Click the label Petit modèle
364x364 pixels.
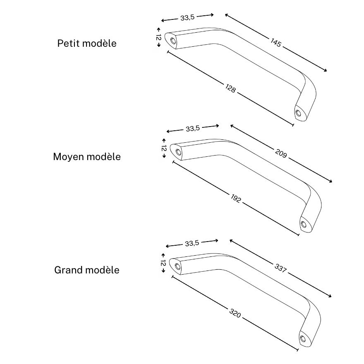[87, 43]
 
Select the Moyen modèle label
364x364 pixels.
[87, 157]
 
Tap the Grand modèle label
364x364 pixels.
[87, 270]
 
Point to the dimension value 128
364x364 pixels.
[231, 88]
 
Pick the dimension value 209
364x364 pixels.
[281, 153]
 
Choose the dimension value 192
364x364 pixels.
[236, 199]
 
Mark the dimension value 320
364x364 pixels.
[235, 314]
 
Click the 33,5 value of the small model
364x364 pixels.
[187, 17]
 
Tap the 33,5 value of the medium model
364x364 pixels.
[192, 128]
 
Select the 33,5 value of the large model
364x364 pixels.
[192, 243]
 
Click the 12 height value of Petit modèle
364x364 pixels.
[158, 37]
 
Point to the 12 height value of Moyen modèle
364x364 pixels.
[164, 148]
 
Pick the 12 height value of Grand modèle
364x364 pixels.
[163, 263]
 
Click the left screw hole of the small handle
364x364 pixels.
[172, 40]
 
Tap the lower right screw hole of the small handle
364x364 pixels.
[298, 112]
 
